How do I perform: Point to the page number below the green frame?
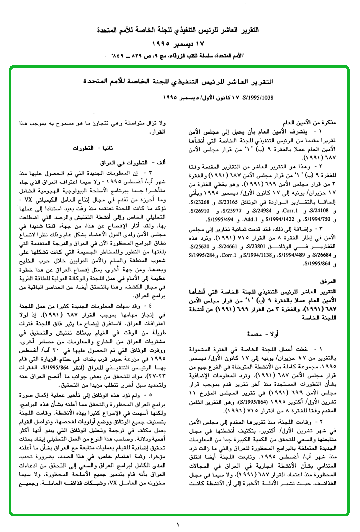[180, 525]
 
